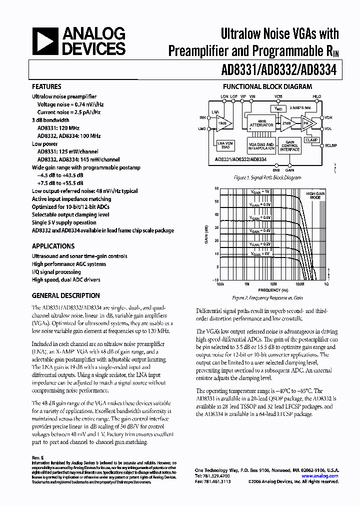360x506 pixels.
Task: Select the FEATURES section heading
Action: pos(46,86)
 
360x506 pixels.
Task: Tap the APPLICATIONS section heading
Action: pos(53,246)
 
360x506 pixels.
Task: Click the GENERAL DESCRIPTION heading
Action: pos(65,295)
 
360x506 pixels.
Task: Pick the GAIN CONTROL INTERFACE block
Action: pos(289,146)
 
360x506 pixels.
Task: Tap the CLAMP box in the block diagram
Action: pos(311,140)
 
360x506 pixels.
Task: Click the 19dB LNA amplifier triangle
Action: pos(220,123)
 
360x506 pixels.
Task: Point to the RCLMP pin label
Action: pos(330,146)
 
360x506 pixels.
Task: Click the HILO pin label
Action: pos(316,96)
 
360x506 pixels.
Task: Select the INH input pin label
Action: pos(202,118)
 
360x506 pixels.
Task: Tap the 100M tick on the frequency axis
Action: pos(299,284)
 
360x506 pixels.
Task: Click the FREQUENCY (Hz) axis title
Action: pos(273,290)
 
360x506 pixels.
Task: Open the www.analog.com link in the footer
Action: pos(323,476)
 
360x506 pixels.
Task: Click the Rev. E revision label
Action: pos(38,457)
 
